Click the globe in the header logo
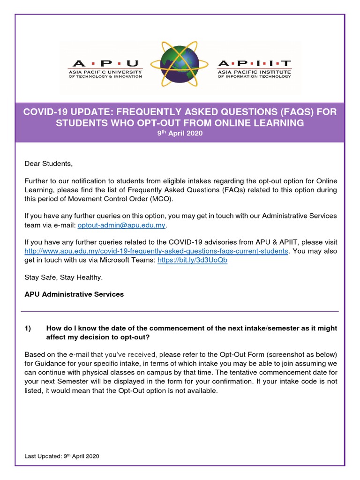coord(180,66)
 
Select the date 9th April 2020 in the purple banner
coord(180,133)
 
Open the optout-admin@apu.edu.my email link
coord(121,225)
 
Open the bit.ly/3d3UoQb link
coord(192,260)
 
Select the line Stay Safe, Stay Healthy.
coord(63,277)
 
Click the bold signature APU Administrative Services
coord(74,294)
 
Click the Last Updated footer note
coord(62,456)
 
